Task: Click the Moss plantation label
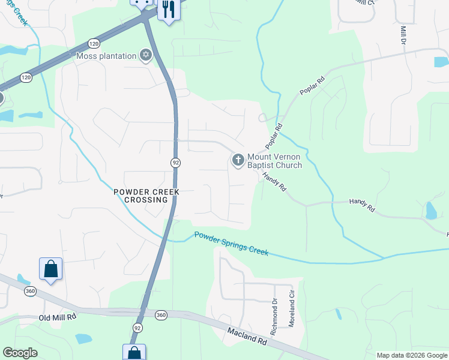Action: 106,56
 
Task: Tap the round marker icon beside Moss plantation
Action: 145,56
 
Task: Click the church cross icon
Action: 238,160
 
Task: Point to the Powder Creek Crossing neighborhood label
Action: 140,196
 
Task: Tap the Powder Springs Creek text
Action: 231,243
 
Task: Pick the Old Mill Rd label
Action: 58,317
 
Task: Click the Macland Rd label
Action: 247,335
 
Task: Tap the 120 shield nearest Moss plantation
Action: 93,44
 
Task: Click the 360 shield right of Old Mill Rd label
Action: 161,314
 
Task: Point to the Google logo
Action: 20,353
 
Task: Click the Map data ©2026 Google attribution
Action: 412,355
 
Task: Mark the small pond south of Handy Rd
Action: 430,211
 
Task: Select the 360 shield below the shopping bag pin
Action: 31,291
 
